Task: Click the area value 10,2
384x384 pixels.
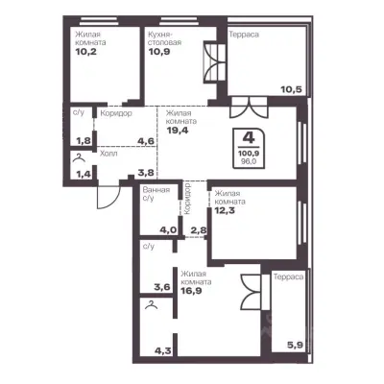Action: (x=86, y=52)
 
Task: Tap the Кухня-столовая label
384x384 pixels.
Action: (x=164, y=38)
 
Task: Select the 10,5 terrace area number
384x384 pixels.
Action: (x=291, y=89)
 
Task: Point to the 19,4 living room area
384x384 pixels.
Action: (x=178, y=130)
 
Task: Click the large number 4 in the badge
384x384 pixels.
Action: (x=249, y=138)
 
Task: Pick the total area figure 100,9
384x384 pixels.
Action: (x=249, y=154)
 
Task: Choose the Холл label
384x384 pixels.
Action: (x=108, y=154)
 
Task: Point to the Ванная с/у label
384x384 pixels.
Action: (x=156, y=194)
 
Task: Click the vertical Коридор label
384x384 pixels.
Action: (x=188, y=199)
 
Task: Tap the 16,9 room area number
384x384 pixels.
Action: (x=191, y=291)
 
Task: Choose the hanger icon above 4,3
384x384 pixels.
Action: (x=152, y=306)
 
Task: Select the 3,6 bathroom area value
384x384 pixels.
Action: (x=162, y=287)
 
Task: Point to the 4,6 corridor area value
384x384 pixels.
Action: (x=147, y=141)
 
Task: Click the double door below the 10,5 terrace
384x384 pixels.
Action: (x=249, y=108)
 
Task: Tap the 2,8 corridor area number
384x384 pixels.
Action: (x=199, y=230)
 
